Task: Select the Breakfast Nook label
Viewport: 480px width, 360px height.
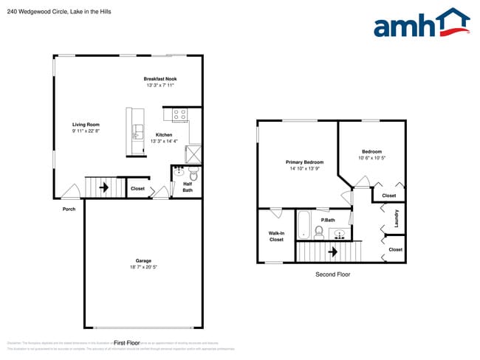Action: click(160, 79)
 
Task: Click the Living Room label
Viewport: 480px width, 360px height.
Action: click(86, 125)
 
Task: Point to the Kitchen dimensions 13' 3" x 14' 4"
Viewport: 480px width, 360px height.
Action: click(164, 141)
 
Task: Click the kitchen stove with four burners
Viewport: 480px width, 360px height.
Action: click(179, 114)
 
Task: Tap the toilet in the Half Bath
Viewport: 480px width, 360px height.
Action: click(193, 175)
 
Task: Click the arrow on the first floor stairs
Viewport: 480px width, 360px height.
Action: click(103, 187)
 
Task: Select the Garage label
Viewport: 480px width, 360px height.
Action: click(143, 260)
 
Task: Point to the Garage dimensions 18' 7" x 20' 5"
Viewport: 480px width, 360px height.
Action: click(143, 267)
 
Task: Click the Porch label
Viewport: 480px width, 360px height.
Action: click(69, 209)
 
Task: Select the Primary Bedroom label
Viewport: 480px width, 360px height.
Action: click(304, 162)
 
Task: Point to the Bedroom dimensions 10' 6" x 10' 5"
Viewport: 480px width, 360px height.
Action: click(371, 158)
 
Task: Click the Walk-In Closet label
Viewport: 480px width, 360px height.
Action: click(276, 236)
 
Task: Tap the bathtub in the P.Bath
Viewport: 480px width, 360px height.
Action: click(304, 224)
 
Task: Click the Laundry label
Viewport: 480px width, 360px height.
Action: click(397, 219)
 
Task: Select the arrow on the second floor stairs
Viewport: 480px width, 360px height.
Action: click(333, 252)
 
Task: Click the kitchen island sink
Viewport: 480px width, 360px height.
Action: click(137, 133)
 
